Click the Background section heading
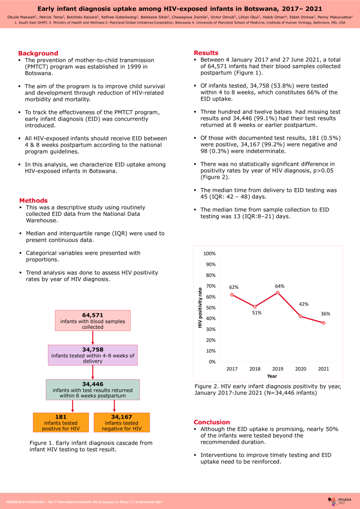pyautogui.click(x=38, y=53)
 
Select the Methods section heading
pyautogui.click(x=33, y=201)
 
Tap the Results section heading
pyautogui.click(x=207, y=53)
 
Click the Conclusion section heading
pyautogui.click(x=212, y=422)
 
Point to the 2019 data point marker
pyautogui.click(x=278, y=293)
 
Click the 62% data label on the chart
pyautogui.click(x=234, y=287)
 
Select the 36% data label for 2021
pyautogui.click(x=325, y=314)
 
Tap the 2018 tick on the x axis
pyautogui.click(x=255, y=369)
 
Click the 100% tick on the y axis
pyautogui.click(x=210, y=254)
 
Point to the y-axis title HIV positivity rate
pyautogui.click(x=200, y=308)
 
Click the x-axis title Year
pyautogui.click(x=272, y=376)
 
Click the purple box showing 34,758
pyautogui.click(x=92, y=355)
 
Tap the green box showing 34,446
pyautogui.click(x=92, y=389)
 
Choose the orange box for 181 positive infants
pyautogui.click(x=61, y=423)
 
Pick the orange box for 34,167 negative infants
pyautogui.click(x=121, y=423)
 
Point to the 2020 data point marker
pyautogui.click(x=301, y=316)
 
